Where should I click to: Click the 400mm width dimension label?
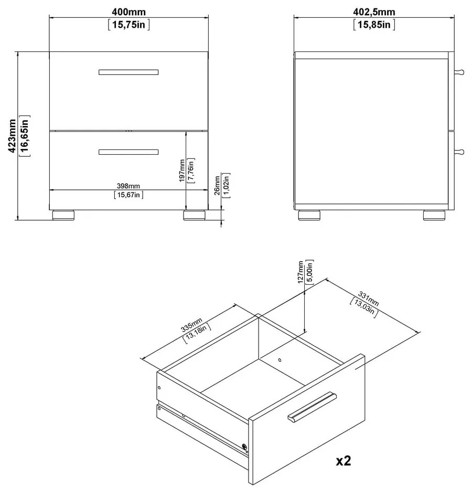coord(128,12)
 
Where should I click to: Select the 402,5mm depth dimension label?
coord(374,12)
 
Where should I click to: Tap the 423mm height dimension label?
coord(12,136)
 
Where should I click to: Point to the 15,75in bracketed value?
coord(128,25)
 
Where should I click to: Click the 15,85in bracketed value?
coord(374,25)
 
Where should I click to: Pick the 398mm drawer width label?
coord(128,186)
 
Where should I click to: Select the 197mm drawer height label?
coord(182,171)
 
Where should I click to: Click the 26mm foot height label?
coord(217,186)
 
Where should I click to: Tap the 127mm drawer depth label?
coord(301,272)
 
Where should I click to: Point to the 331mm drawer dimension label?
coord(369,299)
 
